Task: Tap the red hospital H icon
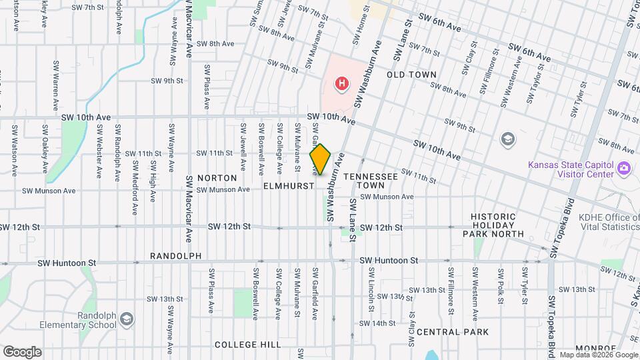[x=341, y=84]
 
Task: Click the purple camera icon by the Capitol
[x=624, y=167]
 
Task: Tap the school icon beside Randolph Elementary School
[x=126, y=321]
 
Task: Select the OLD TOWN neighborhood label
[x=412, y=75]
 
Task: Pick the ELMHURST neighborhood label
[x=288, y=186]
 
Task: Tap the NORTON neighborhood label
[x=217, y=178]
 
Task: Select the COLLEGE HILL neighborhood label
[x=248, y=345]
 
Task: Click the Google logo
[x=22, y=351]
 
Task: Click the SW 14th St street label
[x=377, y=323]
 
